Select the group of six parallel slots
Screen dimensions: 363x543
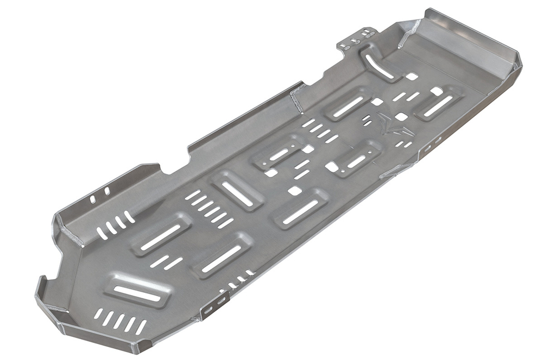(x=209, y=209)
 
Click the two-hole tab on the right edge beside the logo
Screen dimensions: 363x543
(x=433, y=144)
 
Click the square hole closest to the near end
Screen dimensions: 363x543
(x=294, y=191)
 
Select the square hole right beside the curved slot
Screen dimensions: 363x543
(x=411, y=77)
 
